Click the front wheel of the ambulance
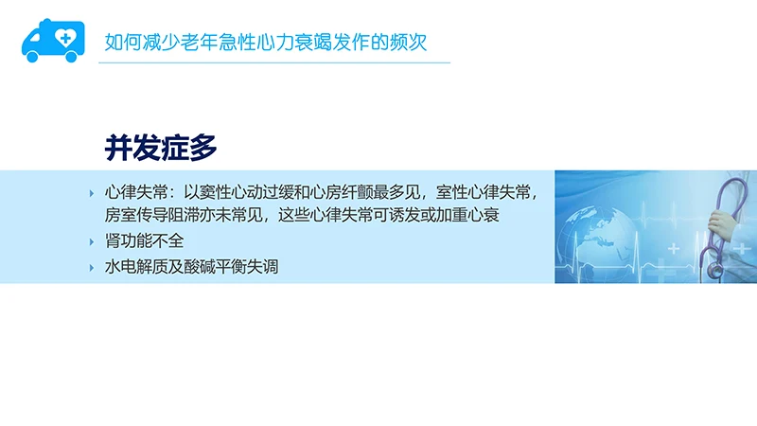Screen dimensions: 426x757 pos(34,57)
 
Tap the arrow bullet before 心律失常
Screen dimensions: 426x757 pos(92,192)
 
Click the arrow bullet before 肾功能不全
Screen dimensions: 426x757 pos(92,241)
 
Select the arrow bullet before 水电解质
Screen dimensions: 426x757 pos(92,267)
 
